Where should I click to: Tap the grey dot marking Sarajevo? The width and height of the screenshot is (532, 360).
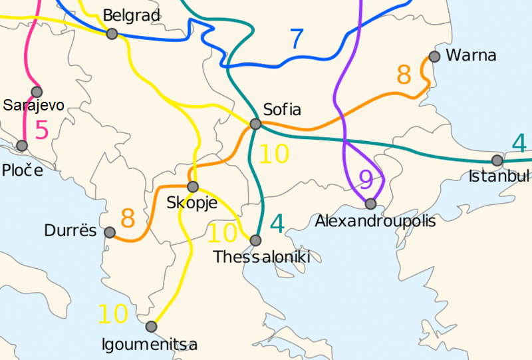(x=37, y=92)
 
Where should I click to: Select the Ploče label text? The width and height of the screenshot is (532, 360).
(x=21, y=170)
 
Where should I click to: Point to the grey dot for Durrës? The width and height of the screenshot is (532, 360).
(x=110, y=232)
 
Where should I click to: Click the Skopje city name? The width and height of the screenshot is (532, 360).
(x=192, y=203)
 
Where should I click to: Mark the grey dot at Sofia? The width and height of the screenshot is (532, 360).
(x=255, y=124)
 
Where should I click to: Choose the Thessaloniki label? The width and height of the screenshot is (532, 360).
(x=261, y=257)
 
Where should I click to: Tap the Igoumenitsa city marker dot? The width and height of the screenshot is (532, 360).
(x=151, y=327)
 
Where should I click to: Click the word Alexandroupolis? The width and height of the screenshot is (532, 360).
(x=376, y=220)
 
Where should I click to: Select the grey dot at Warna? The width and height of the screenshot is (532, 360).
(x=435, y=57)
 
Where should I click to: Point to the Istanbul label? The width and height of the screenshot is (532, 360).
(x=499, y=176)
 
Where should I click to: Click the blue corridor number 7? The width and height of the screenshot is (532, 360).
(x=297, y=40)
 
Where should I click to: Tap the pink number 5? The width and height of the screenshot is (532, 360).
(x=41, y=130)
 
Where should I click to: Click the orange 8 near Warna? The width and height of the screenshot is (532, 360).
(x=404, y=75)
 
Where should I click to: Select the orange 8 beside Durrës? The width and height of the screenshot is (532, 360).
(x=128, y=218)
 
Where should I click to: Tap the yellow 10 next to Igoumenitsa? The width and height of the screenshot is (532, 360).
(x=113, y=313)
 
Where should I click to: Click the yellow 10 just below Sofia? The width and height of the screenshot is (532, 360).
(x=274, y=154)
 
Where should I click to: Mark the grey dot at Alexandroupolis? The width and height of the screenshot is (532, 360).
(x=370, y=204)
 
